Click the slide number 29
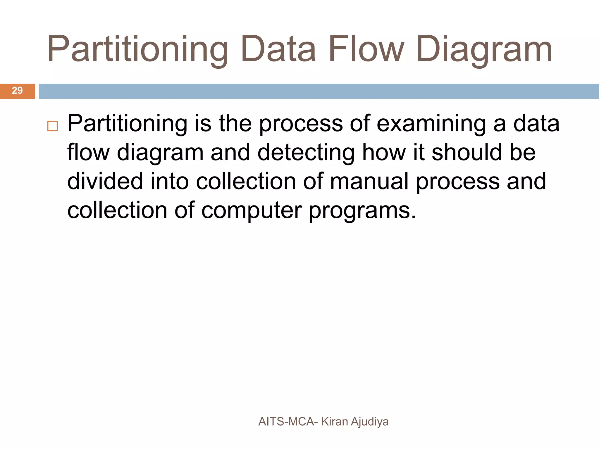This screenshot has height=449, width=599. click(17, 91)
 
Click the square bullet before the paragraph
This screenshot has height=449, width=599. click(53, 126)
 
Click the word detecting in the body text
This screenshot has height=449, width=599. click(306, 153)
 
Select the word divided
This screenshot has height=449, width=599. click(105, 181)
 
